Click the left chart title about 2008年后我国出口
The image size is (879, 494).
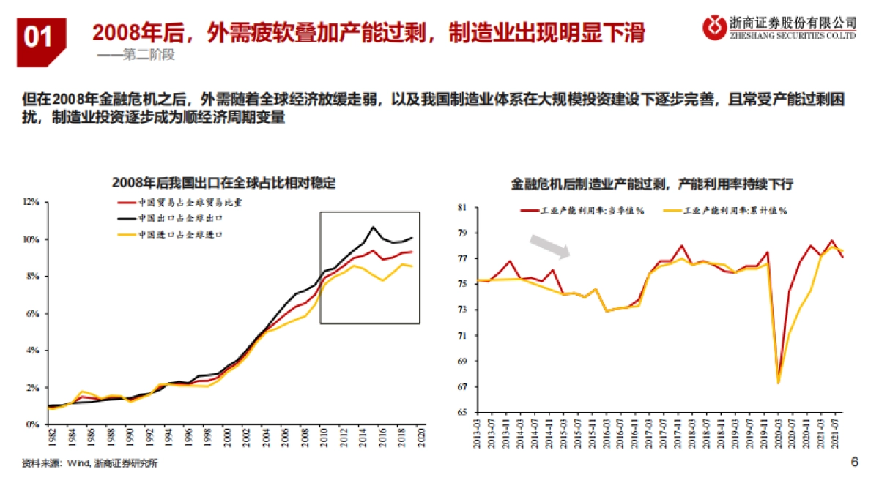coord(223,183)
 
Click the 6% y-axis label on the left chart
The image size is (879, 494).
coord(32,313)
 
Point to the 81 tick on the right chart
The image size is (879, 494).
coord(461,208)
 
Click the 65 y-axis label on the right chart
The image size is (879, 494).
coord(461,413)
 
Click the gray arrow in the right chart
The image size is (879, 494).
coord(550,247)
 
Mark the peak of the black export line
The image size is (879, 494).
coord(373,227)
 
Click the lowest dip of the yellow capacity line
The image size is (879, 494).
coord(778,383)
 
